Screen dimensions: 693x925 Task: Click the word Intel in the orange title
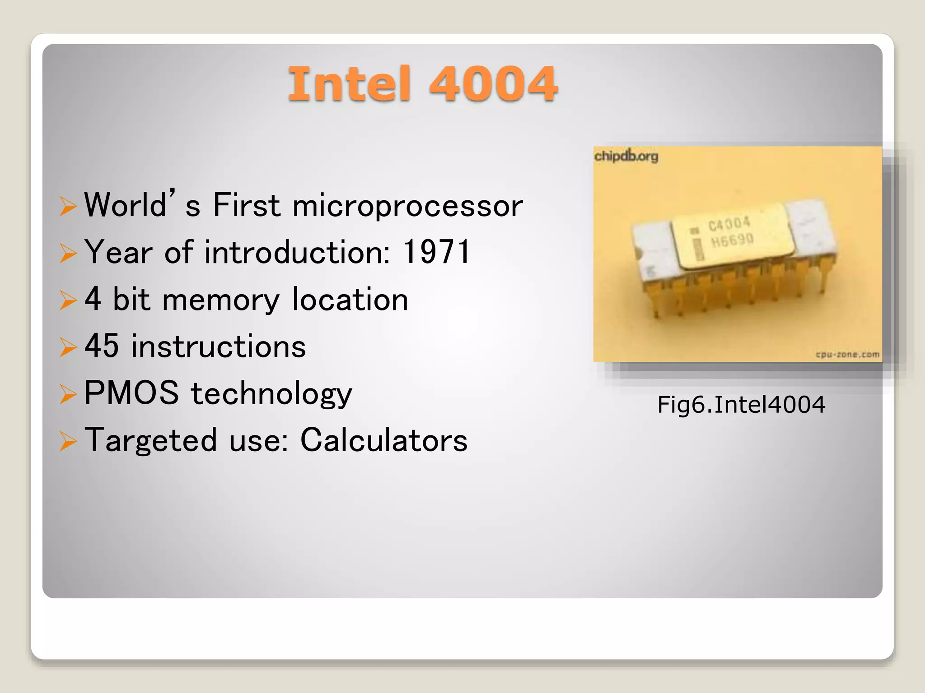349,84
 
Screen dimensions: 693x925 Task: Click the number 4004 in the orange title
493,84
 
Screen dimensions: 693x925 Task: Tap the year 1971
436,252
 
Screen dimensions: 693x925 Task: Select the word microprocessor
408,206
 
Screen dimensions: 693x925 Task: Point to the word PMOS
131,393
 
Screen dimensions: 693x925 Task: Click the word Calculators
384,440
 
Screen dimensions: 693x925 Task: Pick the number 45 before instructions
102,346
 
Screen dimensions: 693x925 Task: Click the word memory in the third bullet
221,300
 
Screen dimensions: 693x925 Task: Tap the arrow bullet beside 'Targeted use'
68,441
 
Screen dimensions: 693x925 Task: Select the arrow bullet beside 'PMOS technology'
68,394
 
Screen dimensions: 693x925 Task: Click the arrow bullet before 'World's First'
68,206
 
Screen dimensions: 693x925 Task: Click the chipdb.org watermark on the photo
626,156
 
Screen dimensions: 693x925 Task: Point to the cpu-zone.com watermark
848,354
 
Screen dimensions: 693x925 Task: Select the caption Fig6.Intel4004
741,404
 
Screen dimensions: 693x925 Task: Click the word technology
271,393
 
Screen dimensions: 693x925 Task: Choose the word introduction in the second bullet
297,252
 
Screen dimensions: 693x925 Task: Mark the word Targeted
151,440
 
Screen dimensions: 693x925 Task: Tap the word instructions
218,346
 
